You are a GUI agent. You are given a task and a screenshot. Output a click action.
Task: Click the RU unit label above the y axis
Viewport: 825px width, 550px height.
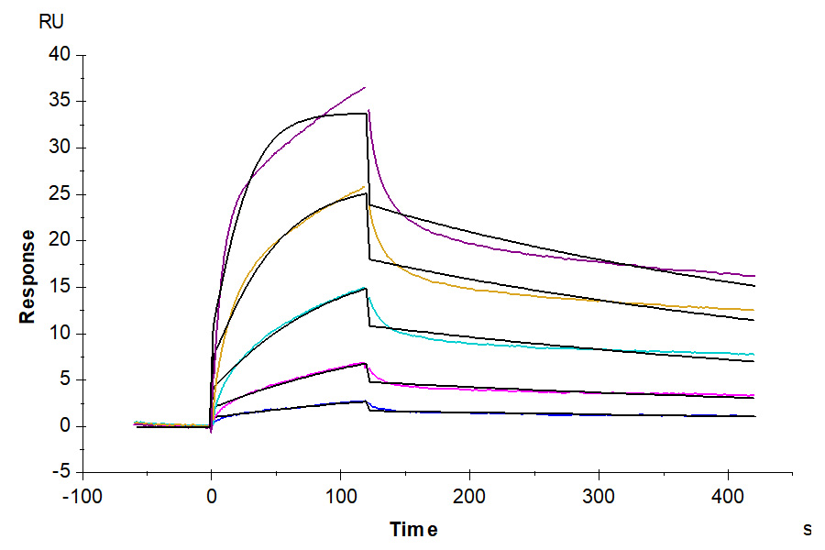tap(51, 23)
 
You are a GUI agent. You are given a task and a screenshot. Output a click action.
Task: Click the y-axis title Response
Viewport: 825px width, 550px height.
tap(27, 276)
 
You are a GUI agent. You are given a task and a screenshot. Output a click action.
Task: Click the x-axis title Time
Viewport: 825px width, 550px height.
tap(413, 530)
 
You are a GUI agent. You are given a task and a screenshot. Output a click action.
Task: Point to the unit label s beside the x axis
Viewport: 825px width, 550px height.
tap(807, 529)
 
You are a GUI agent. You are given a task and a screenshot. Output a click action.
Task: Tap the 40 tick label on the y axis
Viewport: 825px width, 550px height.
tap(60, 55)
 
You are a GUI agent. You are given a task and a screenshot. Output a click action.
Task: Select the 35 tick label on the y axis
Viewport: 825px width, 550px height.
tap(60, 102)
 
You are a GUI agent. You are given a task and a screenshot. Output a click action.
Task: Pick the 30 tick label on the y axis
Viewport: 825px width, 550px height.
tap(60, 148)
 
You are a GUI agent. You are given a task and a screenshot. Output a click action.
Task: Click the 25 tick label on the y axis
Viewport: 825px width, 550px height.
tap(60, 194)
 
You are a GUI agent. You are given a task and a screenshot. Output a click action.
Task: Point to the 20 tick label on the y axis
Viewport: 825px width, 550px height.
tap(60, 241)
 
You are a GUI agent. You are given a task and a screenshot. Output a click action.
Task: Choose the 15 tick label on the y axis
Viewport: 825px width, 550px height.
tap(60, 287)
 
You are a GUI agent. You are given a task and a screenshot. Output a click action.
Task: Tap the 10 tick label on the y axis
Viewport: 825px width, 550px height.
tap(60, 334)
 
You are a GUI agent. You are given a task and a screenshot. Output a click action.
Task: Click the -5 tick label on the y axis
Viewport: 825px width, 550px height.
tap(61, 473)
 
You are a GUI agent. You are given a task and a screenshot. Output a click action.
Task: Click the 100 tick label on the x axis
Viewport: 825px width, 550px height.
tap(341, 496)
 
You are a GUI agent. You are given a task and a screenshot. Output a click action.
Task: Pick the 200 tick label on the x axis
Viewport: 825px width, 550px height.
tap(470, 496)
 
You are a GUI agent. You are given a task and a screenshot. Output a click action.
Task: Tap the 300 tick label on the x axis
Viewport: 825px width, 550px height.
tap(599, 496)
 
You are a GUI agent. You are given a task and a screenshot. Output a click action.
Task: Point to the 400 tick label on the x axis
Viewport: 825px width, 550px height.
tap(729, 496)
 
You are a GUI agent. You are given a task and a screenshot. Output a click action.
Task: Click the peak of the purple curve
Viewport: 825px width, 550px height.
tap(365, 88)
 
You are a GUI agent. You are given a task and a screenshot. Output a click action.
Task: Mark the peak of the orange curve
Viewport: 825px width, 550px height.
tap(365, 187)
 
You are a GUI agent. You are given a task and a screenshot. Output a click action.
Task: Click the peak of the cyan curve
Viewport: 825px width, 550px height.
tap(365, 288)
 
